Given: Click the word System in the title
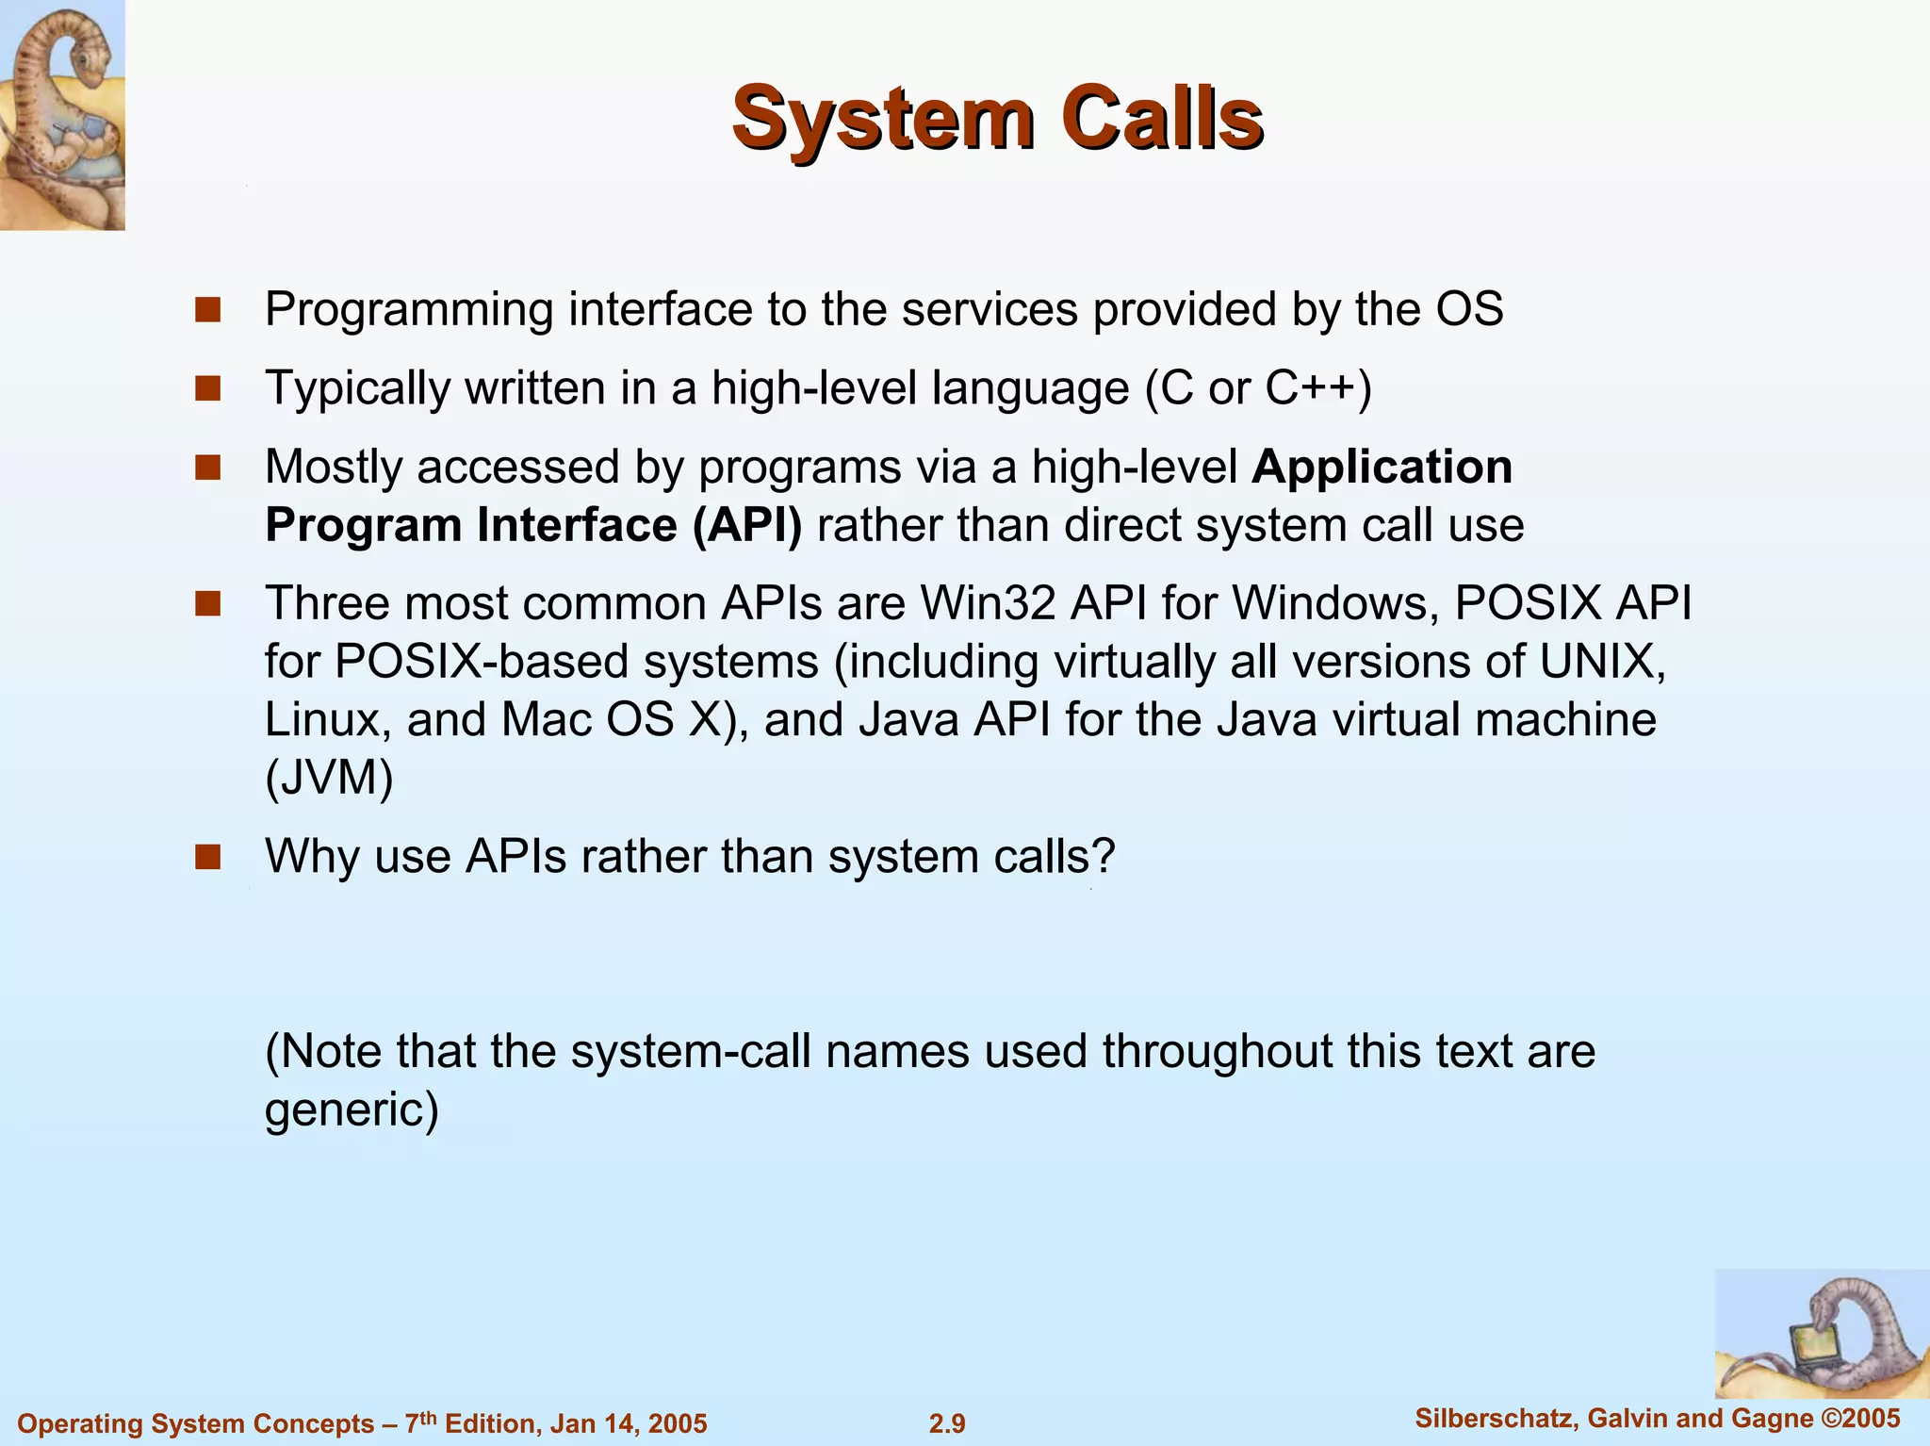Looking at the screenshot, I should click(x=883, y=119).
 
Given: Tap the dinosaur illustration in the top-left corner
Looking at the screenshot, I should click(x=62, y=115).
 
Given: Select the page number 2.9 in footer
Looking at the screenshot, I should click(x=947, y=1423).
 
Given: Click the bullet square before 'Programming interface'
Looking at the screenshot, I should click(x=208, y=309).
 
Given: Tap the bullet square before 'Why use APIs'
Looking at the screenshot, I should click(x=208, y=857).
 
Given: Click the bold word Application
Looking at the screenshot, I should click(x=1382, y=467).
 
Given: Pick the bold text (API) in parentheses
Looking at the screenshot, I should click(x=747, y=525).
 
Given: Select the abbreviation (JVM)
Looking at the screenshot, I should click(x=329, y=779).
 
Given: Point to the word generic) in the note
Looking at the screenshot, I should click(x=352, y=1109).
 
